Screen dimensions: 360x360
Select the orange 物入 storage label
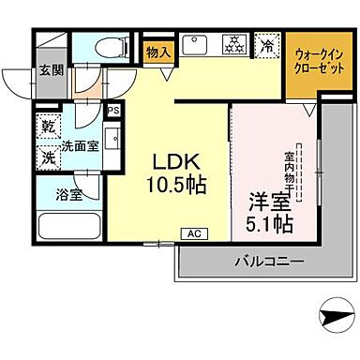click(x=158, y=53)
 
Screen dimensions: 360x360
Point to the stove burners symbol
click(x=232, y=43)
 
